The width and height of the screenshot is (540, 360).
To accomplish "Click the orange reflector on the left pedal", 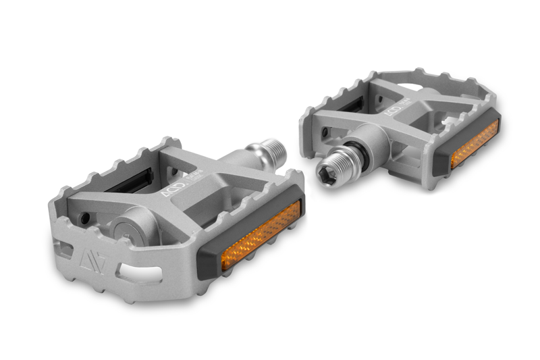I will [x=260, y=236].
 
